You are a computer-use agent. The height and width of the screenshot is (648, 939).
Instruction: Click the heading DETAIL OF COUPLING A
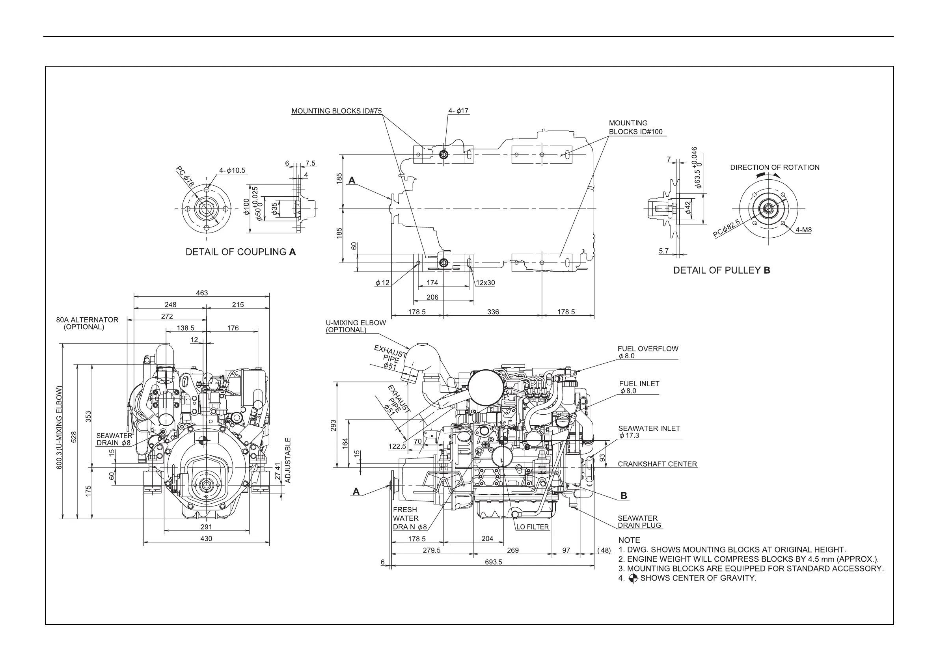[x=240, y=252]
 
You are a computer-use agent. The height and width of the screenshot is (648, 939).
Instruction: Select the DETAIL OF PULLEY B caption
[x=721, y=270]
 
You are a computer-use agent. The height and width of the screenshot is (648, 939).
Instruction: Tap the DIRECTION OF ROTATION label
[x=775, y=167]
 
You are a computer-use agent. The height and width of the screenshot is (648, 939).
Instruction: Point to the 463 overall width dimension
[x=202, y=293]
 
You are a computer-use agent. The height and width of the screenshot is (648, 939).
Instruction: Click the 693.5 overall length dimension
[x=493, y=562]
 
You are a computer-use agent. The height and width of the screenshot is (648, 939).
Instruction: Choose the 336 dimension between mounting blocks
[x=493, y=312]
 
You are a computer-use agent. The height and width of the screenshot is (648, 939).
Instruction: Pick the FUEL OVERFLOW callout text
[x=648, y=349]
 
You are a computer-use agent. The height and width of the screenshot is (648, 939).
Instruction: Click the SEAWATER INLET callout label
[x=649, y=428]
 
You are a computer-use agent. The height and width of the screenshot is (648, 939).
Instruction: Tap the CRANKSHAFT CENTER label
[x=657, y=464]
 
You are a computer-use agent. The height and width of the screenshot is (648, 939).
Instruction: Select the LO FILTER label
[x=532, y=527]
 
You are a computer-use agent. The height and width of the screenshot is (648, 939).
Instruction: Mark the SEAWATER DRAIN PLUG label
[x=639, y=522]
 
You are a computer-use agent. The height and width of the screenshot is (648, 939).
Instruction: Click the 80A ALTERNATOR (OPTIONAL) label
[x=87, y=323]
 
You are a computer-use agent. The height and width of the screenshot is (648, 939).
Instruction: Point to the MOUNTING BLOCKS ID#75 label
[x=336, y=111]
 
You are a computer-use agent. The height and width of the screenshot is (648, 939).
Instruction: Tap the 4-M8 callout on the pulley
[x=803, y=230]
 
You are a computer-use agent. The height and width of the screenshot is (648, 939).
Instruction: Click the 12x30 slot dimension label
[x=485, y=283]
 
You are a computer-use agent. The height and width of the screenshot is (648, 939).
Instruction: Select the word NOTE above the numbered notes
[x=629, y=540]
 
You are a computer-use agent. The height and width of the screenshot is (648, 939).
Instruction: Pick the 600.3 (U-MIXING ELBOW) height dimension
[x=60, y=428]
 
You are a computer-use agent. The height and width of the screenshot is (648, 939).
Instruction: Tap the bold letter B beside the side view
[x=624, y=496]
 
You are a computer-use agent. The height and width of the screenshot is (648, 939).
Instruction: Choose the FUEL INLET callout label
[x=639, y=384]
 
